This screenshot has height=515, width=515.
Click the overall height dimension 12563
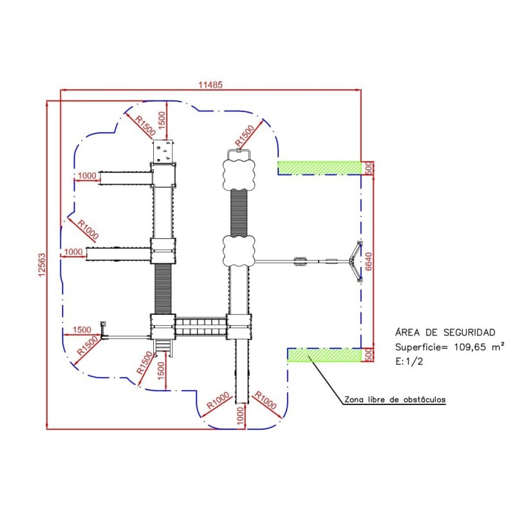tap(40, 265)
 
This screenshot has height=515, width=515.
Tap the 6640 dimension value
tap(369, 261)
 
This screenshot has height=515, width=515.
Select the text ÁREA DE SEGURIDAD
tap(444, 333)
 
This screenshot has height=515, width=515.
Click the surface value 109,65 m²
tap(460, 347)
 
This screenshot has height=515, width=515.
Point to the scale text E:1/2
tap(408, 361)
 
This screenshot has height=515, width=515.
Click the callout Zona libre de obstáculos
tap(395, 400)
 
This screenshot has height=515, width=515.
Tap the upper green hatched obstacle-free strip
tap(319, 167)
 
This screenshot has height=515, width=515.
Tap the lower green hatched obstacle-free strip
tap(323, 354)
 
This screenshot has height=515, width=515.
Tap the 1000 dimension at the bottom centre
tap(239, 418)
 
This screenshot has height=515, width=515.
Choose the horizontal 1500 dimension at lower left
tap(82, 330)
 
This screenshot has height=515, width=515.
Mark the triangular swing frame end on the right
tap(356, 261)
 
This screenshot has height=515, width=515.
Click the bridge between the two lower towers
tap(201, 326)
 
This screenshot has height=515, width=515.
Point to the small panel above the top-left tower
tap(164, 151)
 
